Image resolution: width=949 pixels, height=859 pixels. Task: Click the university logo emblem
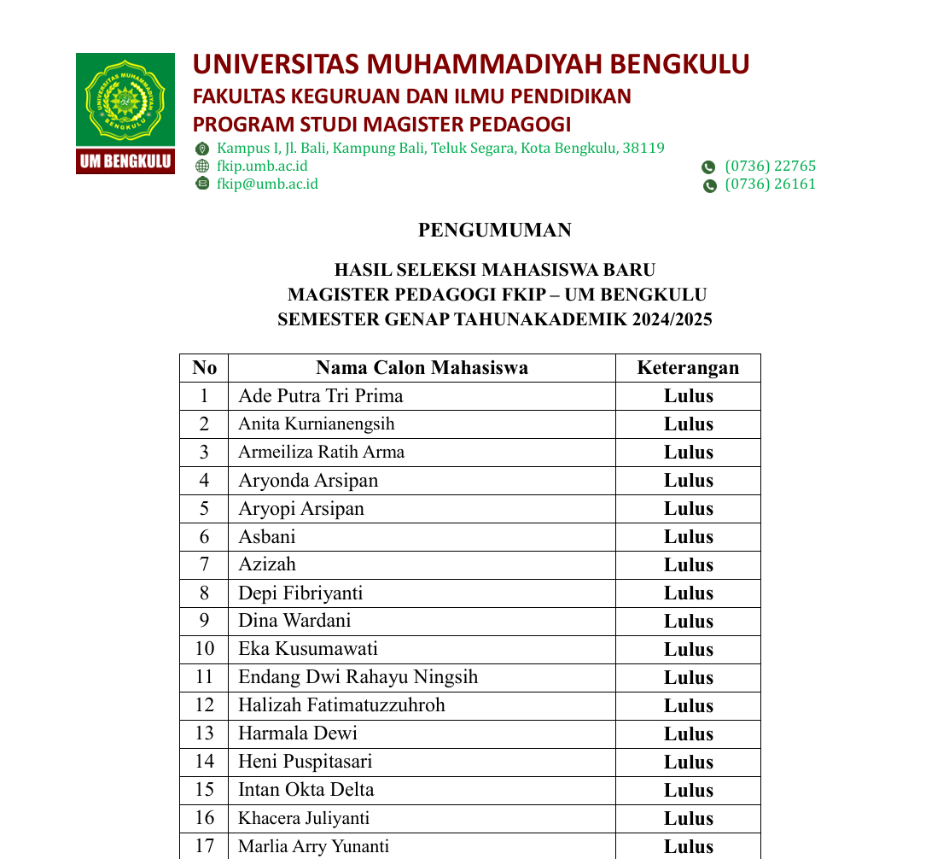pyautogui.click(x=125, y=99)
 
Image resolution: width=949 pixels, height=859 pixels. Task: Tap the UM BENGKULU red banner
pyautogui.click(x=125, y=161)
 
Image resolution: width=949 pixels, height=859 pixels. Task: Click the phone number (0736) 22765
pyautogui.click(x=770, y=166)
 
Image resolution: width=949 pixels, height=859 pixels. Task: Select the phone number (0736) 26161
pyautogui.click(x=770, y=184)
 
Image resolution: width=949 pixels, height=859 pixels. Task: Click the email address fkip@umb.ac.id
pyautogui.click(x=267, y=184)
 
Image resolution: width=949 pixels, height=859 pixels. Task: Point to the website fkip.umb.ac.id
pyautogui.click(x=262, y=166)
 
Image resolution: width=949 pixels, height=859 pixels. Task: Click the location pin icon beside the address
pyautogui.click(x=202, y=149)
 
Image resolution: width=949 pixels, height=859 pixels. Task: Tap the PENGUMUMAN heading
pyautogui.click(x=494, y=230)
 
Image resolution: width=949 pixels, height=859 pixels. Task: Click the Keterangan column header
pyautogui.click(x=688, y=368)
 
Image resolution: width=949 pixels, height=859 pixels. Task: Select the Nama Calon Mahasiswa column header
pyautogui.click(x=422, y=368)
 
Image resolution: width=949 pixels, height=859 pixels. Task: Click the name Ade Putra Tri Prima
pyautogui.click(x=320, y=396)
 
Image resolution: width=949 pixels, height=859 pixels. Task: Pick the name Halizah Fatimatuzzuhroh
pyautogui.click(x=341, y=705)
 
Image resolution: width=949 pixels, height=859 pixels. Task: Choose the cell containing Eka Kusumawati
pyautogui.click(x=308, y=649)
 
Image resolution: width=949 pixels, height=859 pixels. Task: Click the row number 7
pyautogui.click(x=204, y=564)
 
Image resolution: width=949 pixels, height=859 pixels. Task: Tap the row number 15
pyautogui.click(x=204, y=790)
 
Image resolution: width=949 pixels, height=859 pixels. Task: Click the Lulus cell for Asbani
pyautogui.click(x=688, y=537)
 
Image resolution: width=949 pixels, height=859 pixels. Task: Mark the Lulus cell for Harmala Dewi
pyautogui.click(x=688, y=734)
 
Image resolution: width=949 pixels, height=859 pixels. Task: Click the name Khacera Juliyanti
pyautogui.click(x=304, y=818)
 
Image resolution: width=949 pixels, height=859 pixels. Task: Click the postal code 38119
pyautogui.click(x=643, y=148)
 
